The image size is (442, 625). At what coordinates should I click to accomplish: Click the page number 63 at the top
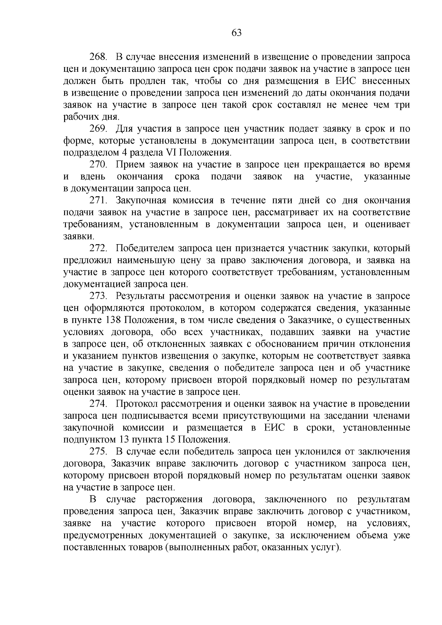click(236, 33)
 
